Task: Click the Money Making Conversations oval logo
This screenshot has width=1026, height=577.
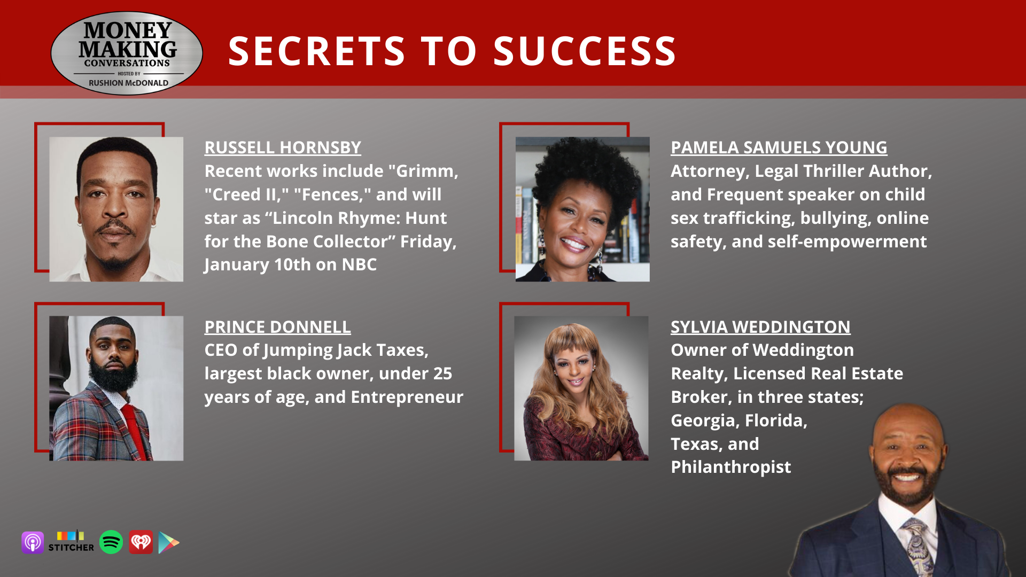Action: coord(127,53)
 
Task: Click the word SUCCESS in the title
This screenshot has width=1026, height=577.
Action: coord(585,51)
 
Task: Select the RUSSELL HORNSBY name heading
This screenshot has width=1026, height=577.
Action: coord(283,147)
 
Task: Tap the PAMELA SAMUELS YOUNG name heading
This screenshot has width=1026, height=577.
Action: coord(779,147)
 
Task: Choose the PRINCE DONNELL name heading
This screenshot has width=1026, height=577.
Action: coord(277,327)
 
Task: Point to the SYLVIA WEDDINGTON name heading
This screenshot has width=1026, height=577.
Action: coord(760,327)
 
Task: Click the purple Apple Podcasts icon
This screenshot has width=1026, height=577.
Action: coord(33,543)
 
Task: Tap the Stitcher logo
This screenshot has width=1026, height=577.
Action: coord(71,541)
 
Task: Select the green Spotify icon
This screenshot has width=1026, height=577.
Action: coord(111,542)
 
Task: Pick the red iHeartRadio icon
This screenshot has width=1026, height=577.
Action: coord(141,542)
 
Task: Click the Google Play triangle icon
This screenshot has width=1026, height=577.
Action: coord(168,543)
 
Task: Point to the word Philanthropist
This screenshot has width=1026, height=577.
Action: coord(730,467)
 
